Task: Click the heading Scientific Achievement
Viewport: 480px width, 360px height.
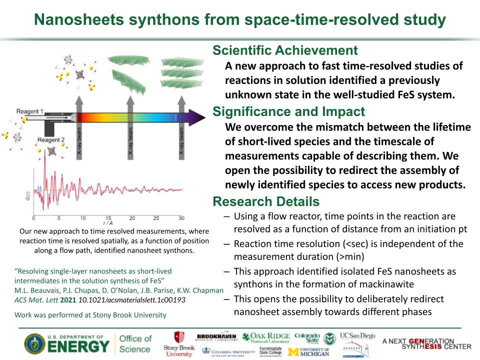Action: coord(285,50)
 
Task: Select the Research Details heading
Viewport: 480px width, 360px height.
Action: coord(265,201)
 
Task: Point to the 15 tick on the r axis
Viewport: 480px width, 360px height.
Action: coord(107,218)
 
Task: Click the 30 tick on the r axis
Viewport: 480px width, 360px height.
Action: coord(181,218)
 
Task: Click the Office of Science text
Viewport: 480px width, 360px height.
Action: coord(135,344)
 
